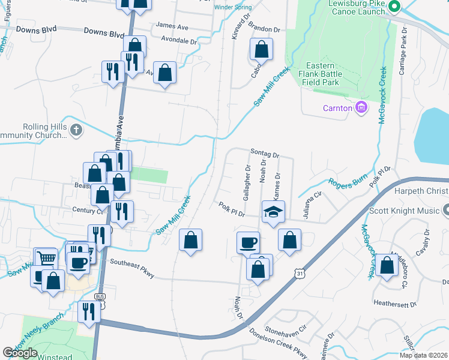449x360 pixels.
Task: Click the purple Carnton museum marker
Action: pos(361,108)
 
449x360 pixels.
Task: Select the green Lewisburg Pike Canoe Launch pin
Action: pos(394,8)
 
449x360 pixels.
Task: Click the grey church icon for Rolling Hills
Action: pos(76,130)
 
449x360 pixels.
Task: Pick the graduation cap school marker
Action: pos(273,212)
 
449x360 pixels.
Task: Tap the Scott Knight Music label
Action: pos(415,211)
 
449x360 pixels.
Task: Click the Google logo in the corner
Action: pos(20,352)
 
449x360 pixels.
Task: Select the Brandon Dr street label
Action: pos(264,29)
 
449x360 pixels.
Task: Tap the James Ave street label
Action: pos(172,26)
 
